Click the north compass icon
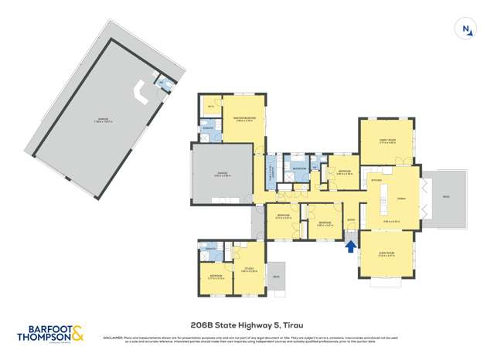(466, 30)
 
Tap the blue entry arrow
(350, 246)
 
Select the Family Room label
(387, 141)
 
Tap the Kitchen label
(377, 180)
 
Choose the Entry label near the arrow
(350, 221)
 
